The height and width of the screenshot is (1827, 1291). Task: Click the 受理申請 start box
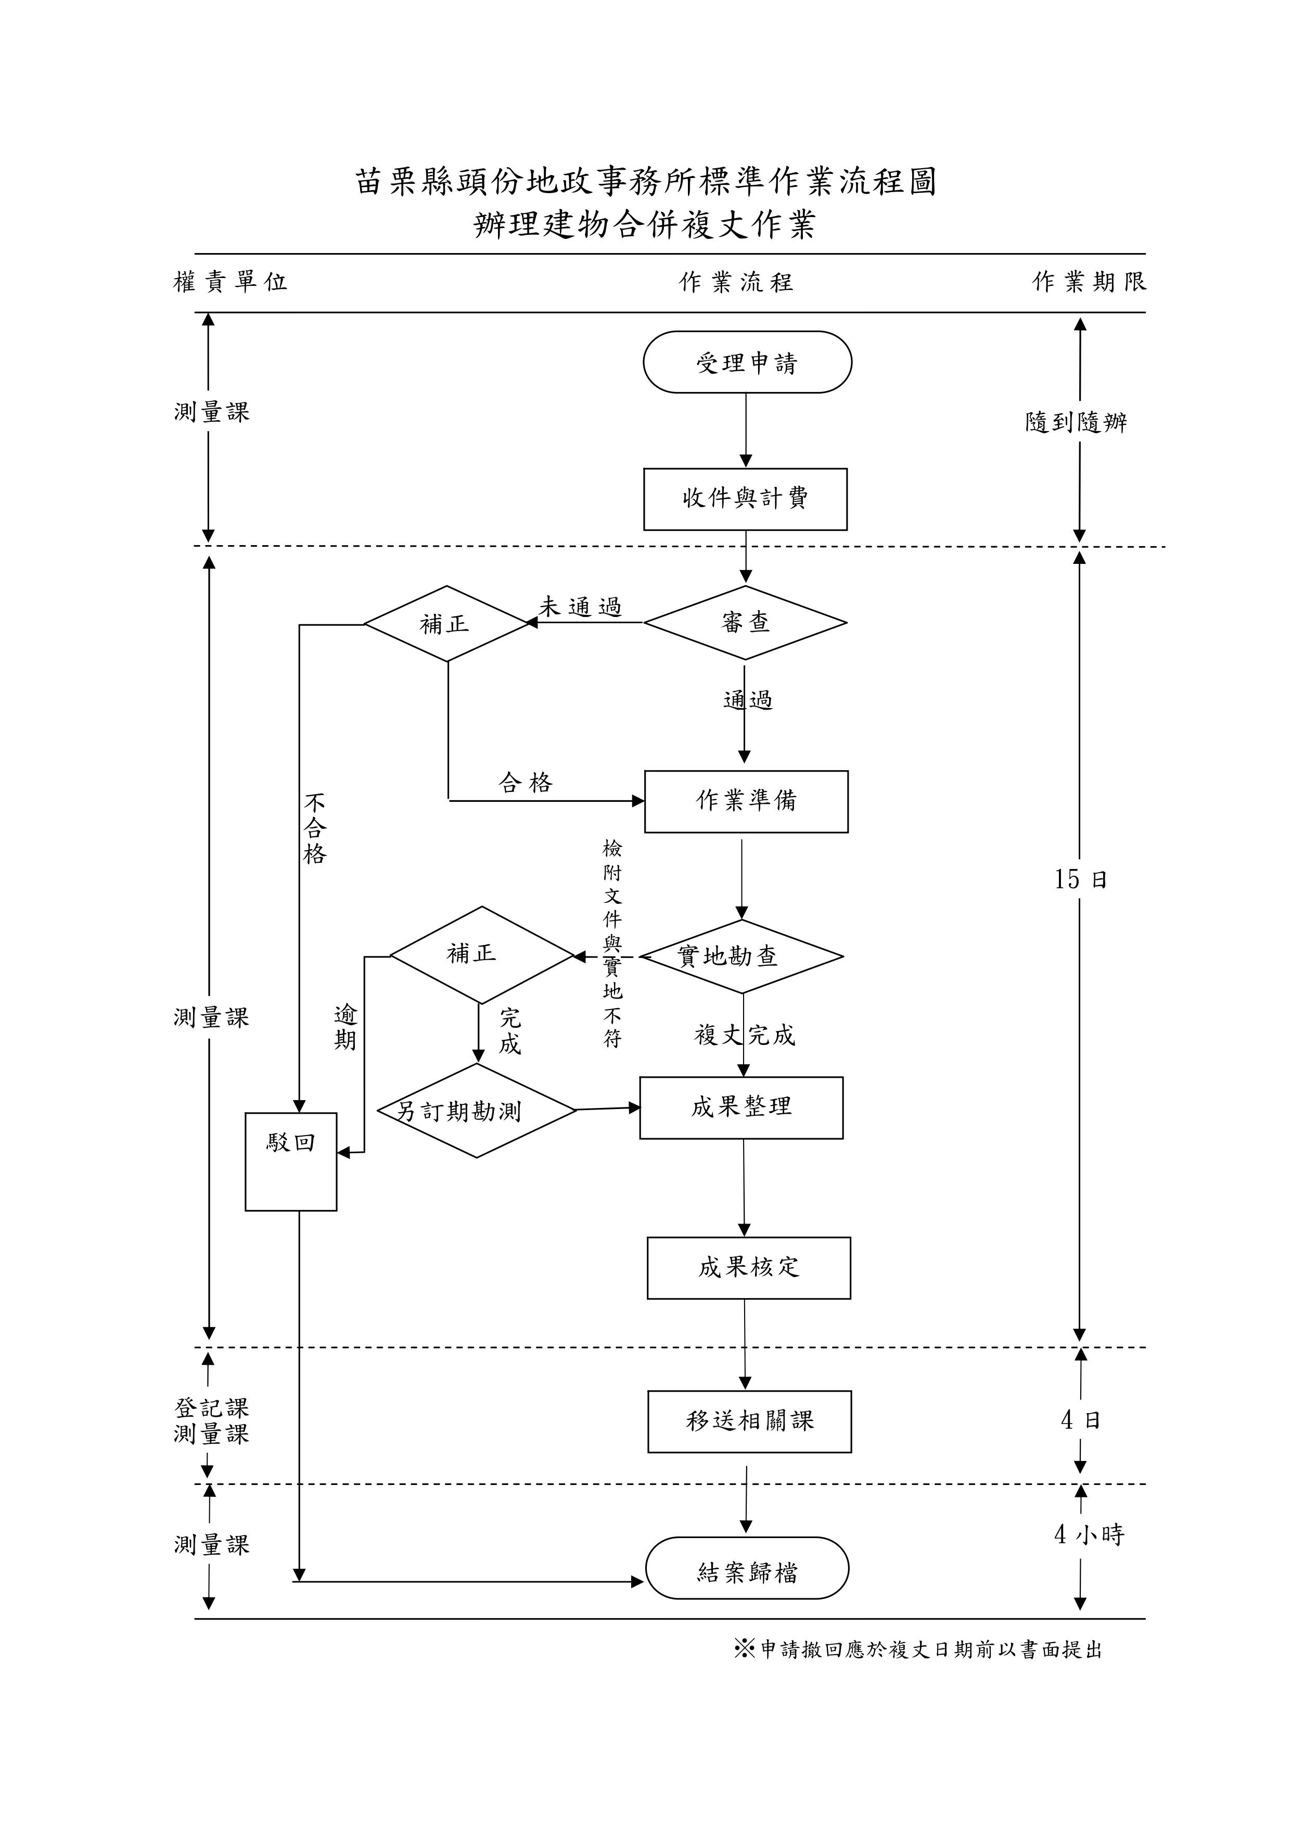tap(747, 363)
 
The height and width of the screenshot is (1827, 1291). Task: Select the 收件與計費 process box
tap(745, 499)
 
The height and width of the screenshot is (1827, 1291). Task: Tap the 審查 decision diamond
tap(745, 623)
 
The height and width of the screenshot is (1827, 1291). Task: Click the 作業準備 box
tap(746, 801)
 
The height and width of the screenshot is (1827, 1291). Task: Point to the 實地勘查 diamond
tap(742, 956)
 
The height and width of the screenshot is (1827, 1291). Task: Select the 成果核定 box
tap(748, 1268)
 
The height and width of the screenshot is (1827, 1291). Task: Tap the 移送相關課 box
tap(749, 1422)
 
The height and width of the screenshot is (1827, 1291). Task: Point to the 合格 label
tap(525, 783)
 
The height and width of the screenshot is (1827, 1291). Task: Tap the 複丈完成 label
tap(745, 1035)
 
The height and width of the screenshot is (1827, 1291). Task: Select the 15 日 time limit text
tap(1080, 879)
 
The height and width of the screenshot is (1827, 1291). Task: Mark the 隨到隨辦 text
tap(1076, 422)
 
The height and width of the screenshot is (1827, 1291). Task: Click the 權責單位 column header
tap(230, 282)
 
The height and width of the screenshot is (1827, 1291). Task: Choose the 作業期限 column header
tap(1089, 282)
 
